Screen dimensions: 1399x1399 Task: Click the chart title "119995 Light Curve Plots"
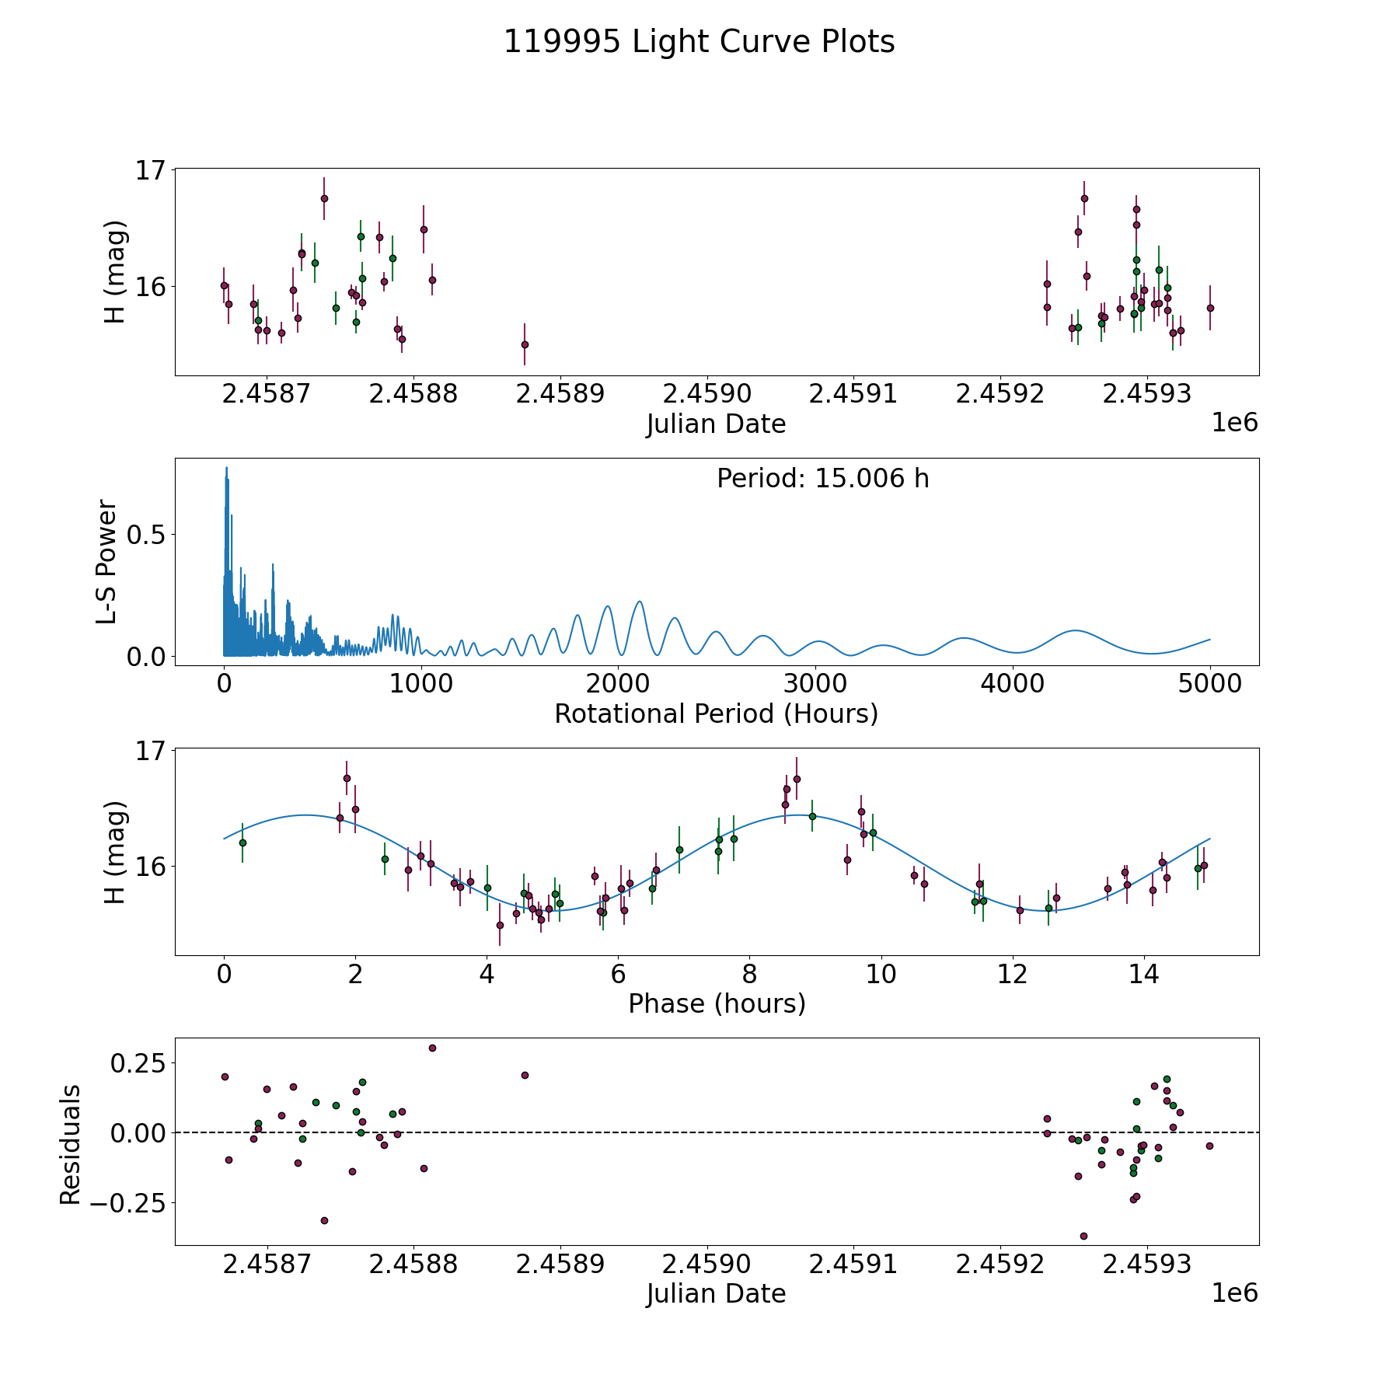[699, 42]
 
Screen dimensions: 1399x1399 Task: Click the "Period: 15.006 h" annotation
[822, 479]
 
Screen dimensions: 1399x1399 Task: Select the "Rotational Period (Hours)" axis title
[716, 713]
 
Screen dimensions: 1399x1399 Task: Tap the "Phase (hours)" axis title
[716, 1004]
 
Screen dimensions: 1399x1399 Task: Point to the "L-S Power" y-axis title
[106, 562]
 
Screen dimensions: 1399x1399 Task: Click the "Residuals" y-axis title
[71, 1145]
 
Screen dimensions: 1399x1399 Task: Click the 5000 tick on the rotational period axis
[1209, 684]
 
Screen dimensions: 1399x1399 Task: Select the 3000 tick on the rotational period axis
[815, 684]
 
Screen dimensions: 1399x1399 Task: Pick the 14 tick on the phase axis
[1144, 974]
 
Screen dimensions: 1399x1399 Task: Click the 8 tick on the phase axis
[749, 974]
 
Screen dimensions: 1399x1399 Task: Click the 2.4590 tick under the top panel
[706, 394]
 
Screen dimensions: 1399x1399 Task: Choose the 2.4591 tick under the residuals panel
[853, 1265]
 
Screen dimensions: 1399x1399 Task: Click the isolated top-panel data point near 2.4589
[525, 344]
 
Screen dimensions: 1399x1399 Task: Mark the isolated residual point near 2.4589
[525, 1075]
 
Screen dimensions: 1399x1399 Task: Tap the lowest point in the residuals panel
[1083, 1236]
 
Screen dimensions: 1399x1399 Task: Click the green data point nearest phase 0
[242, 843]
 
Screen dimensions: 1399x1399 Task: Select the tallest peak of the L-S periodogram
[226, 468]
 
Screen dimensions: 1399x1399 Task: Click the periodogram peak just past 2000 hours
[639, 602]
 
